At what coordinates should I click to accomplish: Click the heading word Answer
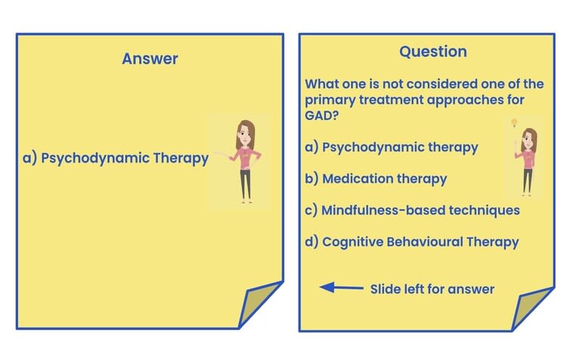click(150, 59)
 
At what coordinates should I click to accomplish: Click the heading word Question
click(433, 51)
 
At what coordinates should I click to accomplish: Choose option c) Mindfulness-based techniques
click(412, 210)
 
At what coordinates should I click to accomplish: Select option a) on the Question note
click(391, 147)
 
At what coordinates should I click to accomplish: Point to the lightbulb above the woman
click(515, 123)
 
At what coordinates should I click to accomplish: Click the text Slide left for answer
click(432, 289)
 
